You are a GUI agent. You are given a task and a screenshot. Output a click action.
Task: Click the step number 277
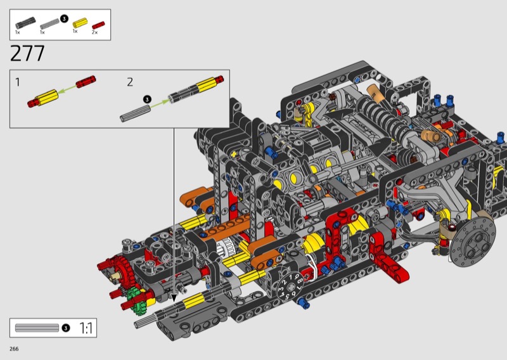point(27,54)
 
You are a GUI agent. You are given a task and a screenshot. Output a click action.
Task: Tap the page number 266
point(14,349)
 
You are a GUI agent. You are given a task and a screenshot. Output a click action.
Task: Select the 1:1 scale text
point(86,328)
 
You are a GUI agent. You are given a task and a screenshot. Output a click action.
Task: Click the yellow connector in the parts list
point(80,23)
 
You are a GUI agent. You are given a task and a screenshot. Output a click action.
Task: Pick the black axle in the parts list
point(25,23)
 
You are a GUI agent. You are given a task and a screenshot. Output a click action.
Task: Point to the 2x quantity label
point(94,32)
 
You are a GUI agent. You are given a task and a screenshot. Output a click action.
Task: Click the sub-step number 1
point(18,82)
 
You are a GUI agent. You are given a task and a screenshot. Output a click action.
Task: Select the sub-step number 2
point(130,82)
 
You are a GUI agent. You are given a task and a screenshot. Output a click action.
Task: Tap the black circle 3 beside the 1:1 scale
point(66,328)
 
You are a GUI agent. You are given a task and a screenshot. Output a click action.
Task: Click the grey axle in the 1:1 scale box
point(37,328)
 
